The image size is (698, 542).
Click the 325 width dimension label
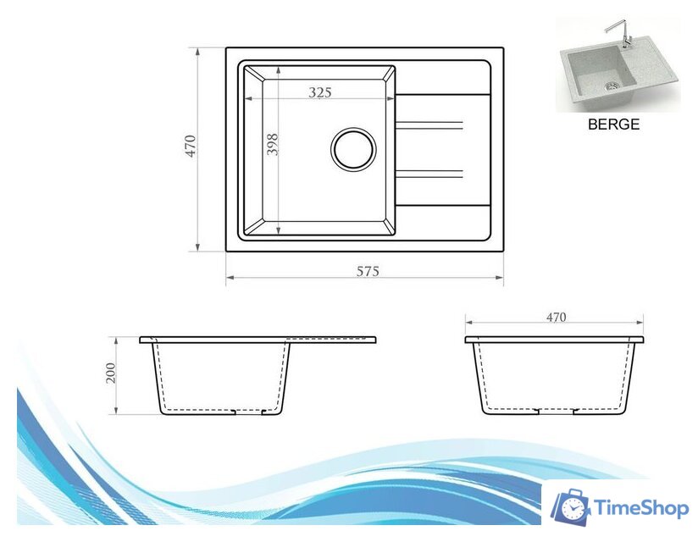(x=319, y=92)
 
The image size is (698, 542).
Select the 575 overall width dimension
(x=366, y=271)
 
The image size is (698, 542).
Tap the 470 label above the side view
(x=556, y=318)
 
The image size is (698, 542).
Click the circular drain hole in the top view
(x=352, y=149)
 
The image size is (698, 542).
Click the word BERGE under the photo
(x=613, y=124)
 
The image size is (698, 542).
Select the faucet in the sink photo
(x=616, y=36)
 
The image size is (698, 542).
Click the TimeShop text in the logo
(x=641, y=508)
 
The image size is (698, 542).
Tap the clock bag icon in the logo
(x=572, y=506)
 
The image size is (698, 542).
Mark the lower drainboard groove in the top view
(x=429, y=174)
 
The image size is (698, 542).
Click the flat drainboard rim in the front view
(x=335, y=340)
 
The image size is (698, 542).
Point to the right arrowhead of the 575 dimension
(x=501, y=278)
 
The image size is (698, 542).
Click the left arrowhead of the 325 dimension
(x=247, y=99)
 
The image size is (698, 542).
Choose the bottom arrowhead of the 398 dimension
(x=278, y=231)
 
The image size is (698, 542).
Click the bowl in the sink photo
(x=597, y=75)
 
